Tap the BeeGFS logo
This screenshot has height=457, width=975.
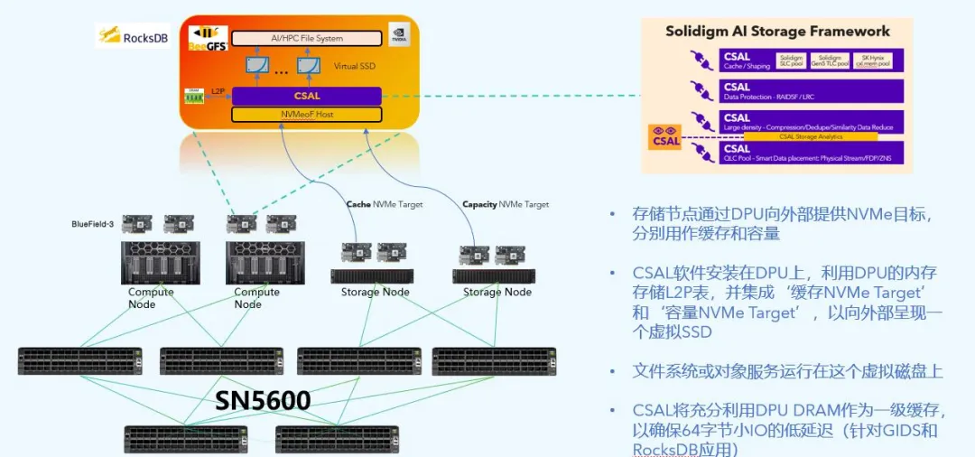tap(207, 39)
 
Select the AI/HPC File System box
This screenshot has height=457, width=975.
tap(306, 39)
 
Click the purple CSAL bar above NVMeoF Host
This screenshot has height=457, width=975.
tap(306, 96)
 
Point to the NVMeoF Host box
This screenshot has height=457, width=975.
tap(306, 115)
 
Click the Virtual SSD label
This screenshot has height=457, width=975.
tap(354, 66)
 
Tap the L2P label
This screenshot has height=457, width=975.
tap(218, 91)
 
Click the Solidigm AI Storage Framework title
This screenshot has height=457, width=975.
tap(777, 31)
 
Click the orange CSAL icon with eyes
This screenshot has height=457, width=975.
tap(665, 137)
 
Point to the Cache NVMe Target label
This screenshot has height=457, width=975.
tap(384, 204)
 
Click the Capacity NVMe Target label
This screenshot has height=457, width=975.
tap(505, 204)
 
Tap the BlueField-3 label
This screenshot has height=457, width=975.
tap(93, 224)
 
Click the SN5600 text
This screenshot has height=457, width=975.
tap(263, 400)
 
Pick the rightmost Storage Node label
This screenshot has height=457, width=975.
tap(497, 292)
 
